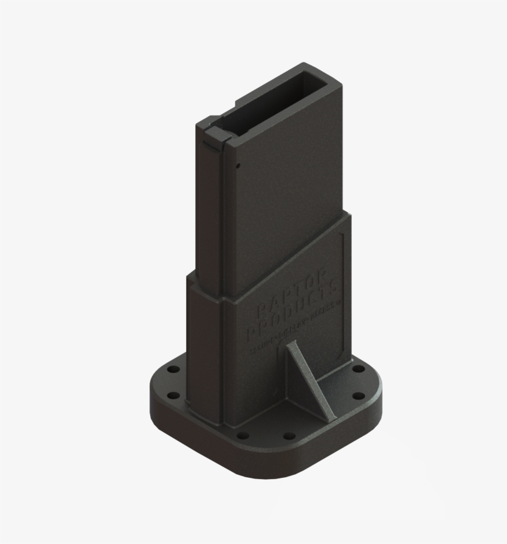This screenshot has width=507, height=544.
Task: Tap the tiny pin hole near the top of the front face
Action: point(237,165)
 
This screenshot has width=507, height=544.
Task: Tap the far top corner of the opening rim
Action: point(303,64)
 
